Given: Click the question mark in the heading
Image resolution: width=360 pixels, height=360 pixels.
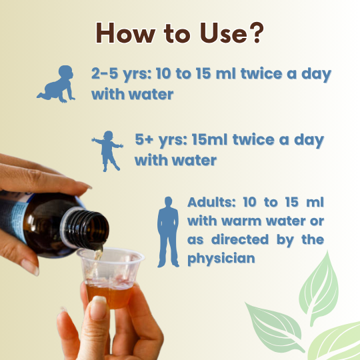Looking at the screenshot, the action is (x=257, y=32).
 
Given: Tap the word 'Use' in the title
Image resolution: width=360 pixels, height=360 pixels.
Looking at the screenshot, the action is (x=223, y=33).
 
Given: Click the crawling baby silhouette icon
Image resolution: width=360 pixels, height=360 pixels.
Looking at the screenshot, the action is (x=56, y=84).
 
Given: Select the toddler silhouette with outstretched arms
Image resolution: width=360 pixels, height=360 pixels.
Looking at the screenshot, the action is (x=107, y=151).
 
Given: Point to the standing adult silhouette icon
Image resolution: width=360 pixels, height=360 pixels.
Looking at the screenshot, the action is (x=168, y=232).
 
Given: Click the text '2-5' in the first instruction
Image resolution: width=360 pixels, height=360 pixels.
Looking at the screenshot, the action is (x=105, y=73).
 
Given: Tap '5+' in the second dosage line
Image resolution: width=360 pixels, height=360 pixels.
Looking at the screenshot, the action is (x=144, y=139).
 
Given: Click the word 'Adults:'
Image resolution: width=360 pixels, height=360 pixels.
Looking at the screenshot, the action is (x=211, y=202).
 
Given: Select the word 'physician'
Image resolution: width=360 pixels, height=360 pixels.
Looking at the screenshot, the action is (x=221, y=259).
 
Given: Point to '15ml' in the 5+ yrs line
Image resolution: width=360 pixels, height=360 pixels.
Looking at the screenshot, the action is (x=209, y=139).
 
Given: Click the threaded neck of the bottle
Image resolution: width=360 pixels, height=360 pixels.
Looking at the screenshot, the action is (x=86, y=229).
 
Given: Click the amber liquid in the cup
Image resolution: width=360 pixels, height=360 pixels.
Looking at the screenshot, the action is (x=109, y=296).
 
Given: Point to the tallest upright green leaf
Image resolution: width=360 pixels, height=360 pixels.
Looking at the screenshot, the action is (x=319, y=289).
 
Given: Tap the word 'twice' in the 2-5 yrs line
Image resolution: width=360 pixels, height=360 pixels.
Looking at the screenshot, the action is (x=261, y=73).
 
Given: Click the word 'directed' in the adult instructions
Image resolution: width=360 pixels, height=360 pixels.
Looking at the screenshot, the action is (x=240, y=239).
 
